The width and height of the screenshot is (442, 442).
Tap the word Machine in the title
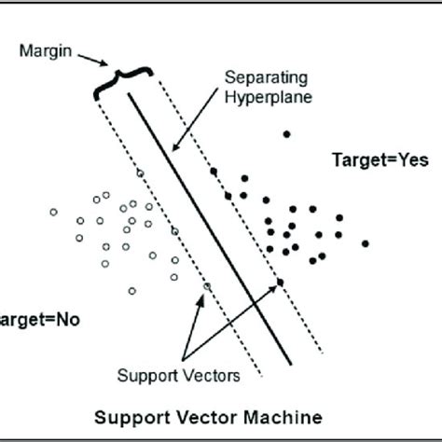coord(280,412)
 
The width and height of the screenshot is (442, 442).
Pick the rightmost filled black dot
coord(366,243)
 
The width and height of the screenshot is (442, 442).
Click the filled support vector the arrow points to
coord(279,282)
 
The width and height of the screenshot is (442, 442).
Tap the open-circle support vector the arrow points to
coord(207,285)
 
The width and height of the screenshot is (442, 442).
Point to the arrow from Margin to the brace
coord(94,61)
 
